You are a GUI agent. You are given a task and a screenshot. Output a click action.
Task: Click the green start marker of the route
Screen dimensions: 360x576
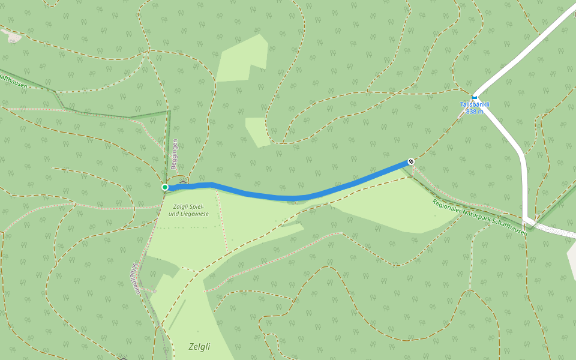pos(165,187)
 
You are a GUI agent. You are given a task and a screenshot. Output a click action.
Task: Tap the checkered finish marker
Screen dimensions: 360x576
pos(411,161)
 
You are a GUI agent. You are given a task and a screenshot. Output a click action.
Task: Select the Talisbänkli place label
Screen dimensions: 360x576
pos(475,104)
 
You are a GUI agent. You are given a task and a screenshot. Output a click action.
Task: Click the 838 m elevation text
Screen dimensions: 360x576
pos(475,112)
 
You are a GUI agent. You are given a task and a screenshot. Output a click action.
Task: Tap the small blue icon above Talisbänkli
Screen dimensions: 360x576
pos(475,97)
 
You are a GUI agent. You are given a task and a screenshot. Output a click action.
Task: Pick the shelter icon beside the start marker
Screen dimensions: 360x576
pos(183,181)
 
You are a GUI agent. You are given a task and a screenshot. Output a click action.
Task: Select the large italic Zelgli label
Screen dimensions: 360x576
pos(199,346)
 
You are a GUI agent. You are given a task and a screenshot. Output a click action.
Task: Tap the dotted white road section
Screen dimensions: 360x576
pos(555,230)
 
